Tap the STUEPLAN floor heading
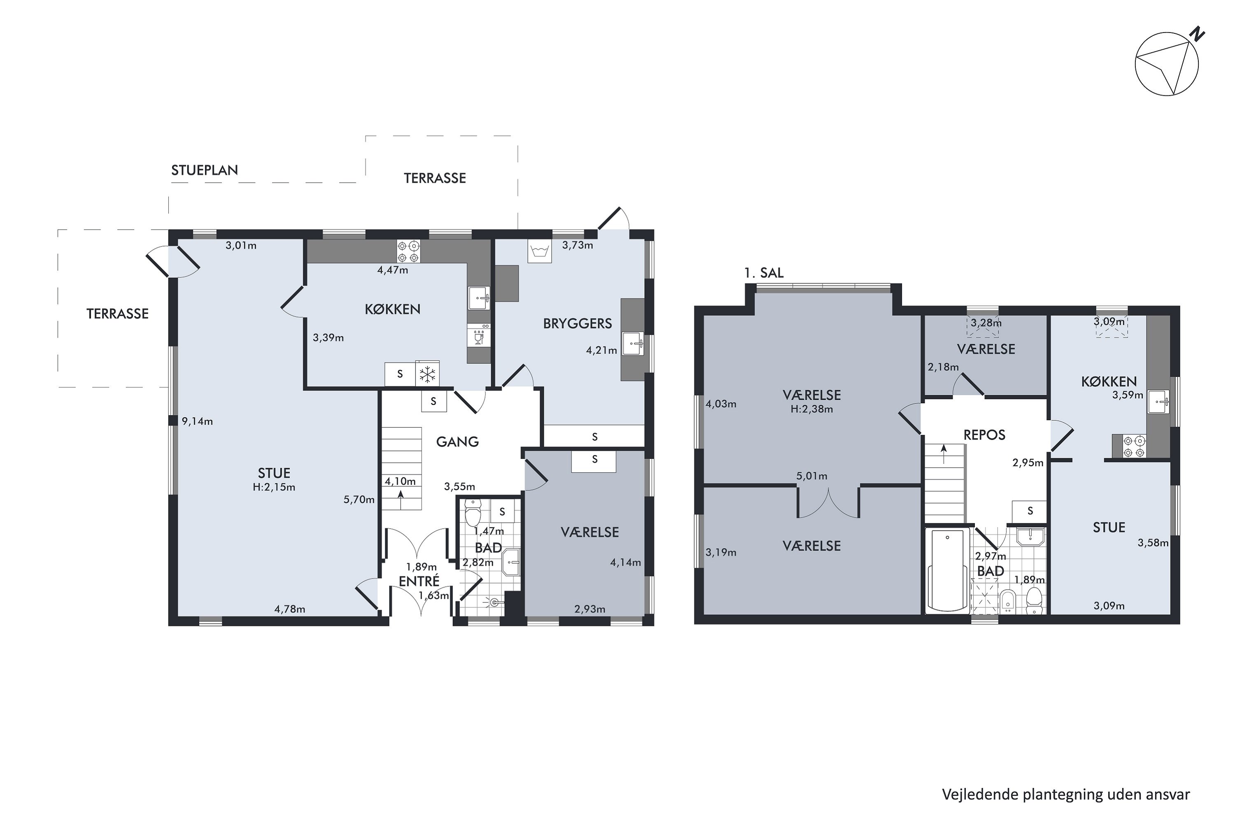coord(204,170)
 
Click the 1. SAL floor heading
coord(764,273)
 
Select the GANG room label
coord(457,442)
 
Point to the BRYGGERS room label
coord(578,323)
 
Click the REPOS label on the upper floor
coord(985,435)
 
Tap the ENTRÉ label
coord(419,581)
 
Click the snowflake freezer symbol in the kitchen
coord(427,374)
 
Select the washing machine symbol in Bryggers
coord(539,251)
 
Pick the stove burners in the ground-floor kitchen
coord(408,251)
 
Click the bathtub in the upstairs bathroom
coord(948,570)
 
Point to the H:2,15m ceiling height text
coord(274,487)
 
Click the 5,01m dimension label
coord(812,476)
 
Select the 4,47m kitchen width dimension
coord(393,270)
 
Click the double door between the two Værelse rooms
coord(829,503)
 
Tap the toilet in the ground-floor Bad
coord(473,512)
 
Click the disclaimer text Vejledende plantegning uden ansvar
coord(1066,795)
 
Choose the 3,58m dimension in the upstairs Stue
coord(1153,543)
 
